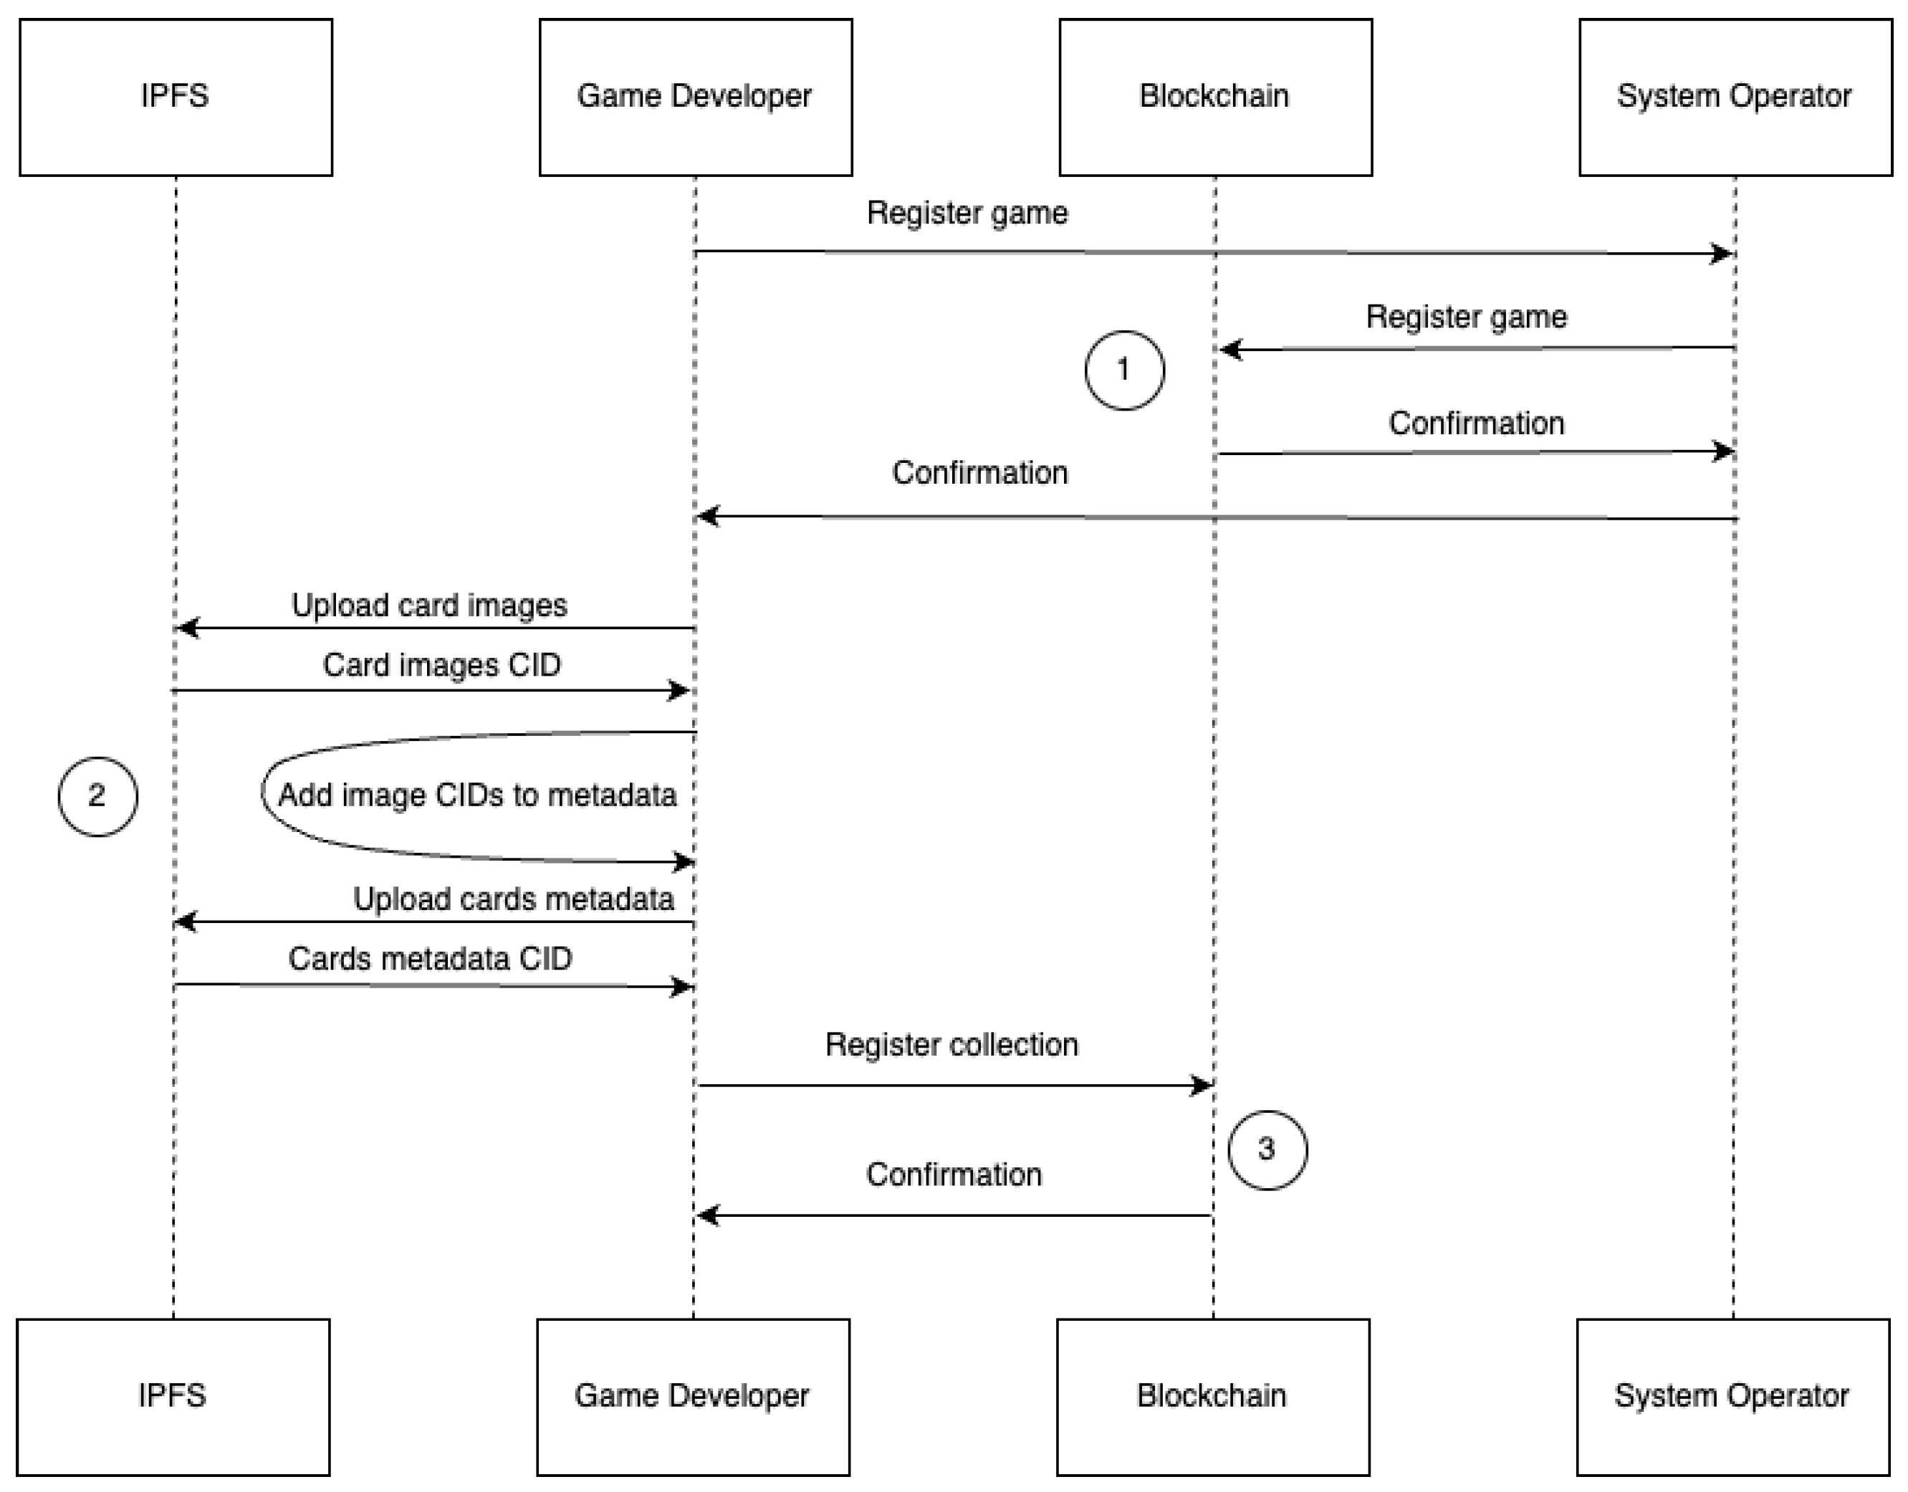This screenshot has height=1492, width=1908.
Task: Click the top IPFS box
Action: click(x=176, y=97)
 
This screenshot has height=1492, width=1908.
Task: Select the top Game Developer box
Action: click(x=696, y=97)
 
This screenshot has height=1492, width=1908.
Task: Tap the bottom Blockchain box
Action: click(x=1212, y=1396)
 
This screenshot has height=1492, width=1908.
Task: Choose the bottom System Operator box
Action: click(x=1732, y=1396)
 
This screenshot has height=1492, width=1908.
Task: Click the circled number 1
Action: click(x=1124, y=370)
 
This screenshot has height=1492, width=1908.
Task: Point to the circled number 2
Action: click(x=97, y=795)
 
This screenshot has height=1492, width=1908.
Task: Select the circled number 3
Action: click(x=1267, y=1149)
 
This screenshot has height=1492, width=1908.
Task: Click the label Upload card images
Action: click(x=429, y=606)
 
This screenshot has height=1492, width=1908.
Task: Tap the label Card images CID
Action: click(x=441, y=665)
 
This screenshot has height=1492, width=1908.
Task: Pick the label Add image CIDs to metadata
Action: click(x=477, y=795)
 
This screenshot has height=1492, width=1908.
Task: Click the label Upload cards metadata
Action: click(x=513, y=899)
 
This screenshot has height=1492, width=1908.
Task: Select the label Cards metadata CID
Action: click(x=430, y=959)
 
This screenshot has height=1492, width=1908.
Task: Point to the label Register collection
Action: click(x=951, y=1045)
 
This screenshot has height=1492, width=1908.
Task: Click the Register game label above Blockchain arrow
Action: click(x=1466, y=316)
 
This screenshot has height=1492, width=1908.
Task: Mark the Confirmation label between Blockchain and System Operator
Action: click(x=1475, y=424)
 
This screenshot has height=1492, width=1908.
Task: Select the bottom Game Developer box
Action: click(x=693, y=1396)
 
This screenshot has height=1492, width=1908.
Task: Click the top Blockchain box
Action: click(x=1215, y=97)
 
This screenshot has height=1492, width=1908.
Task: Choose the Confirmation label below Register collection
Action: click(x=953, y=1175)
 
